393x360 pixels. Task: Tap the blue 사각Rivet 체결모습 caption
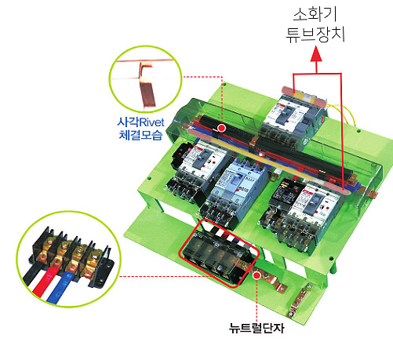pos(141,129)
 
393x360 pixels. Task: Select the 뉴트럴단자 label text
pos(257,328)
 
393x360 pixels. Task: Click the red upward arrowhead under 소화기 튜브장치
pos(316,53)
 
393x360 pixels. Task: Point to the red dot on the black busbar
pos(222,128)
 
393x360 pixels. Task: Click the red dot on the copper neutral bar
pos(257,275)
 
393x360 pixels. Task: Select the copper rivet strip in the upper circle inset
pos(147,86)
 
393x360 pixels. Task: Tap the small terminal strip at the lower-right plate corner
pos(300,300)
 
